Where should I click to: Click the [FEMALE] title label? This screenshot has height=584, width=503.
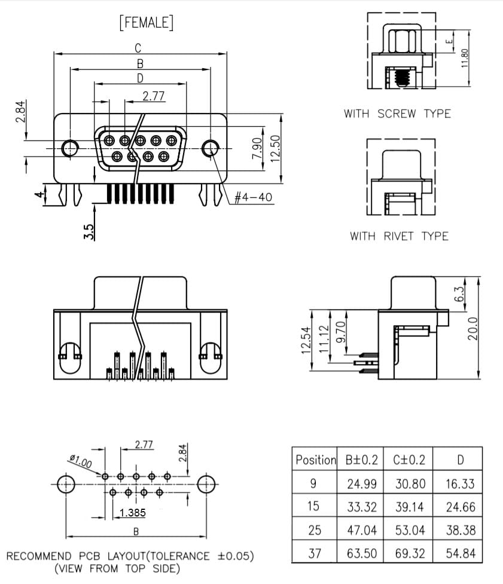[x=147, y=22]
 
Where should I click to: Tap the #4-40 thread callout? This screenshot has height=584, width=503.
[x=253, y=197]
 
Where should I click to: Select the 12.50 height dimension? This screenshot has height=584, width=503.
[x=275, y=149]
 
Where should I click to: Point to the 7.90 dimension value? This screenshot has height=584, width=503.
[x=257, y=148]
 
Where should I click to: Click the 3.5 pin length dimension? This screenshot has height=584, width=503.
[x=89, y=232]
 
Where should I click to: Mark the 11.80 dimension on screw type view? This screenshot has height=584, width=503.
[x=464, y=58]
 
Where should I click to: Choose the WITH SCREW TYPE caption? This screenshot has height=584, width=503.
[x=397, y=114]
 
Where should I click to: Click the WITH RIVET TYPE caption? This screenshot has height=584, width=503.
[x=399, y=236]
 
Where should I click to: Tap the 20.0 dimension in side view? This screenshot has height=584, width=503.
[x=472, y=329]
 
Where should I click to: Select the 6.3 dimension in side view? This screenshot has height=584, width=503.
[x=460, y=294]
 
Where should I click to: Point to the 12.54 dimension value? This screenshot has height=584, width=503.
[x=305, y=340]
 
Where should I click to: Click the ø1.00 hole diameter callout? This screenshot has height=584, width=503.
[x=81, y=461]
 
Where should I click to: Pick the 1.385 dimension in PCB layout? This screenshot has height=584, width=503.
[x=132, y=513]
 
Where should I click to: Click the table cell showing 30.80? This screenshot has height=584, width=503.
[x=410, y=484]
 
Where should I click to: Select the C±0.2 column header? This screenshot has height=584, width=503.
[x=409, y=460]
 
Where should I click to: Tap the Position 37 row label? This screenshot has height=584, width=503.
[x=315, y=553]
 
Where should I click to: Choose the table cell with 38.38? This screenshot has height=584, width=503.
[x=461, y=530]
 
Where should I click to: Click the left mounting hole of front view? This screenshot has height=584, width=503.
[x=69, y=148]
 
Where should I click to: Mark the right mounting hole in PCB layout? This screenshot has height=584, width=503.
[x=206, y=484]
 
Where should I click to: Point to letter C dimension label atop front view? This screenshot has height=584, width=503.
[x=138, y=48]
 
